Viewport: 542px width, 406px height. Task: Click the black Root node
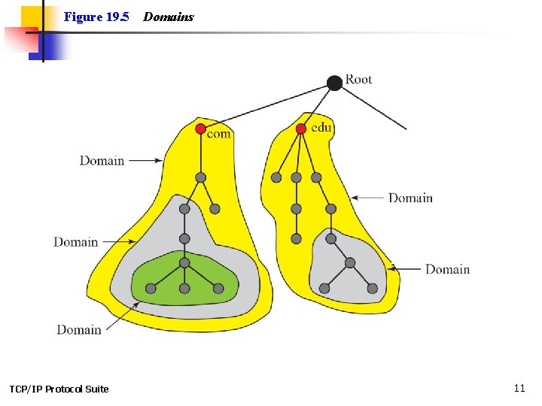coord(335,83)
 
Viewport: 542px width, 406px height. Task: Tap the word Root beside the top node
coord(358,80)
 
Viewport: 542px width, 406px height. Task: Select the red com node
coord(200,129)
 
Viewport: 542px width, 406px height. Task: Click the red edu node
coord(301,129)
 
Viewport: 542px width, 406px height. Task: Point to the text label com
coord(218,134)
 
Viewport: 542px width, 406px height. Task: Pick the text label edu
coord(321,128)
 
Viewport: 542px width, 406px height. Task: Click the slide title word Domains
coord(169,17)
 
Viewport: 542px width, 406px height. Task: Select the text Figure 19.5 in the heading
coord(96,17)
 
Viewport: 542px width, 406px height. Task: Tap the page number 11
coord(519,388)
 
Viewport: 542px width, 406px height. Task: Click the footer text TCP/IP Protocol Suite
coord(59,389)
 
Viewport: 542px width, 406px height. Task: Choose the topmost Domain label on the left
coord(102,160)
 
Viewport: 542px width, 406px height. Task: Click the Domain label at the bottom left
coord(79,329)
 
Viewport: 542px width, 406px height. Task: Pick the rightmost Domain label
coord(447,269)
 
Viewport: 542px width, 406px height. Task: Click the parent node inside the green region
coord(184,262)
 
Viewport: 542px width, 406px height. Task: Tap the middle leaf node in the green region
coord(184,289)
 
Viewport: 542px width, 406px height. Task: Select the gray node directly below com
coord(200,177)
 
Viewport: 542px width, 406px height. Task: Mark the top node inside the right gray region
coord(331,238)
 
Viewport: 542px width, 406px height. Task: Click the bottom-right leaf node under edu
coord(372,288)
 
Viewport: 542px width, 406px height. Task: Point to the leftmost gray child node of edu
coord(276,177)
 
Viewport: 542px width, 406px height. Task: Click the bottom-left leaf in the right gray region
coord(324,288)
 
